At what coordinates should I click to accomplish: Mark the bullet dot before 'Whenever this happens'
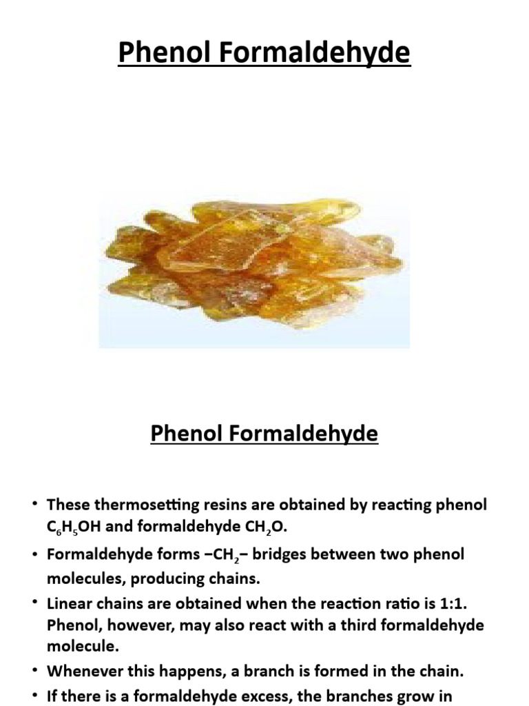point(34,669)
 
